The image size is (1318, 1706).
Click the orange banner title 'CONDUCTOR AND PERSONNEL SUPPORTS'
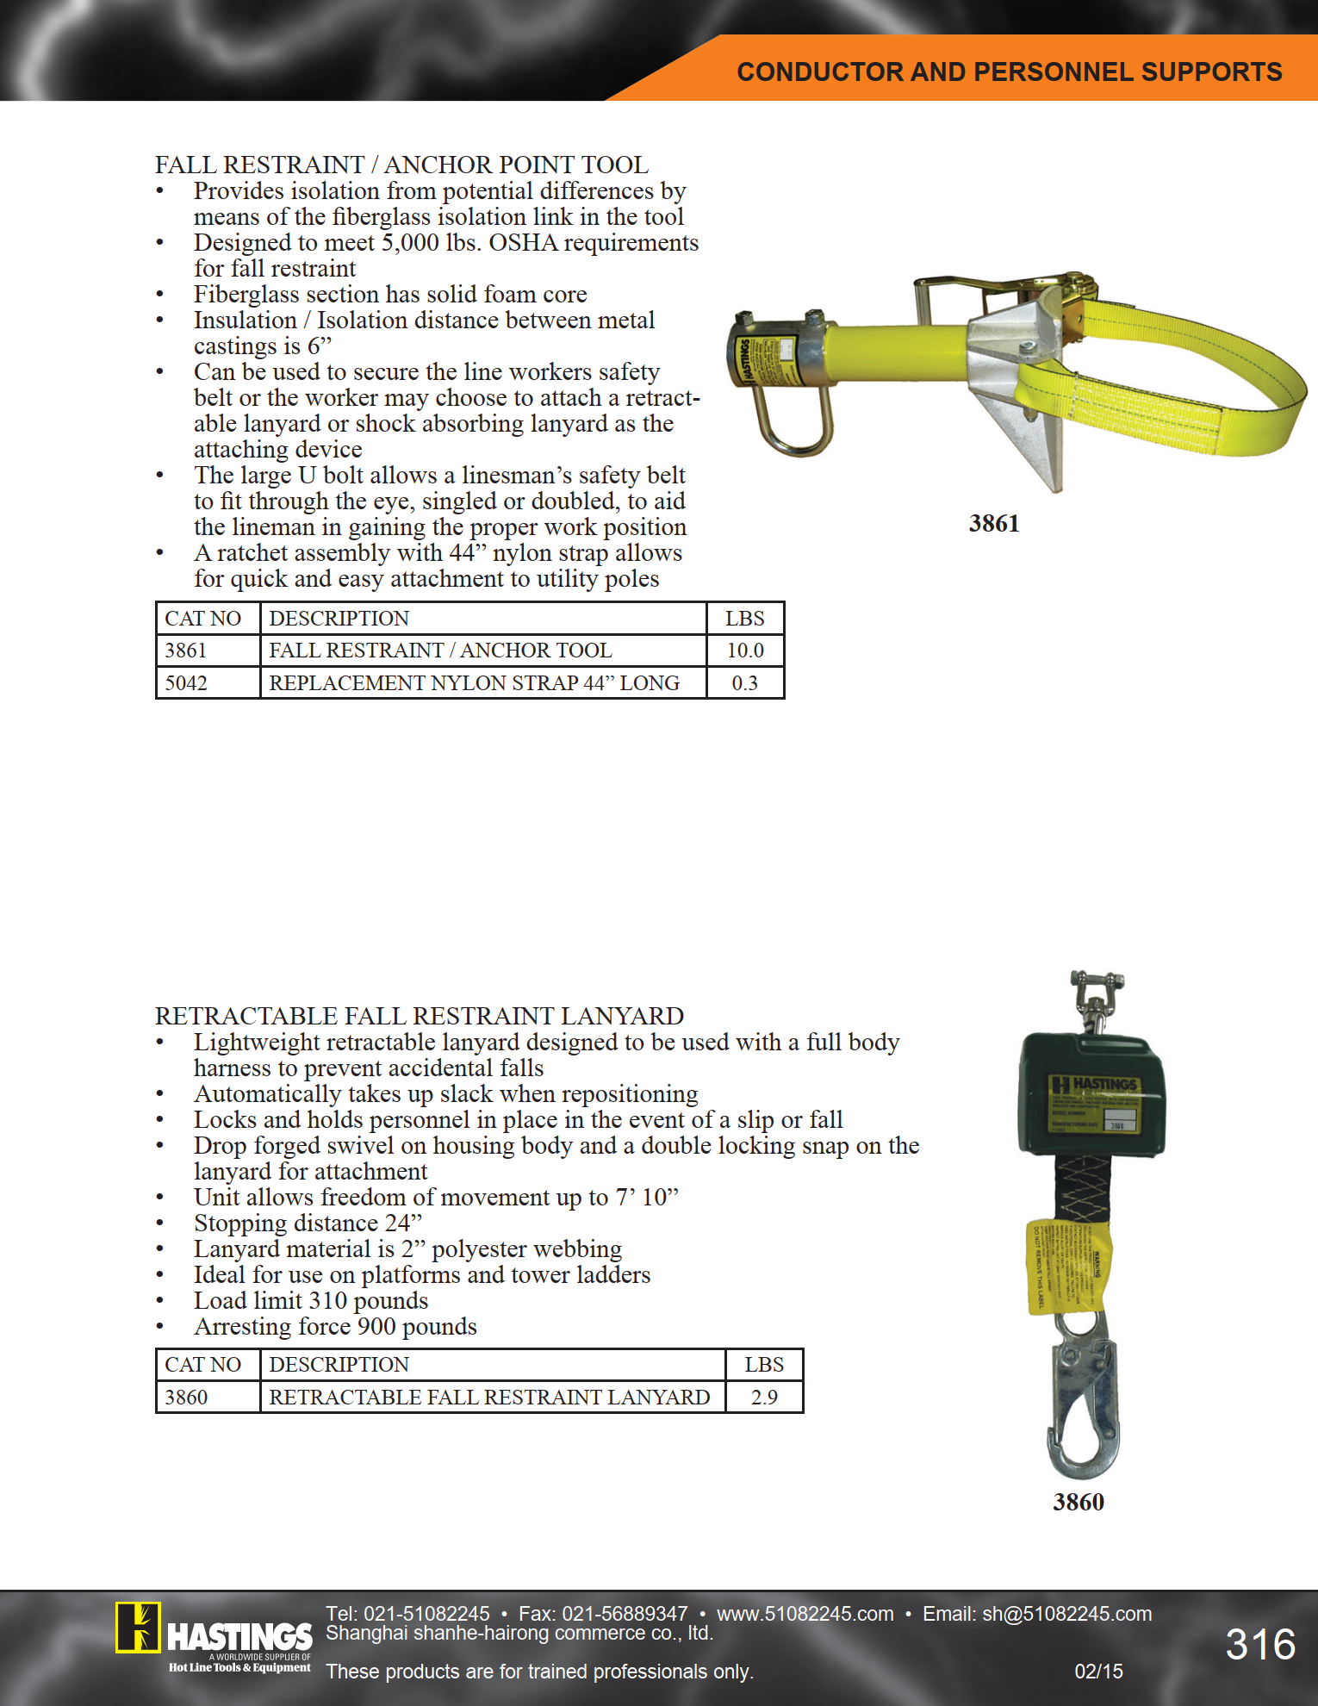[x=1009, y=72]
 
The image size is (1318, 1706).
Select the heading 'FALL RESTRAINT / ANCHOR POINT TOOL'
[x=401, y=165]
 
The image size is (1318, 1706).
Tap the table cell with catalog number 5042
[x=187, y=683]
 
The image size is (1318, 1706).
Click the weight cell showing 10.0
[x=745, y=651]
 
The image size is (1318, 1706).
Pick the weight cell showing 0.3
[x=745, y=683]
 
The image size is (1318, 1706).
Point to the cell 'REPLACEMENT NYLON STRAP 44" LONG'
[x=475, y=683]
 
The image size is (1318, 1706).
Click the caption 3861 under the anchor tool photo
[x=993, y=523]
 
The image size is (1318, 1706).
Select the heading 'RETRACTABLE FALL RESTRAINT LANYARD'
[x=420, y=1016]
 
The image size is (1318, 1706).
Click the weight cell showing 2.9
[x=764, y=1397]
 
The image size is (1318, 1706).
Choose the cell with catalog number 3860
[x=187, y=1397]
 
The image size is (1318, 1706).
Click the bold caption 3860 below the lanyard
[x=1078, y=1502]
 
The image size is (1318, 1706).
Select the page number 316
[x=1260, y=1644]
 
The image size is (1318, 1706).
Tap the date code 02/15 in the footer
[x=1098, y=1672]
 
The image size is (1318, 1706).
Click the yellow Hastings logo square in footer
[x=138, y=1628]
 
